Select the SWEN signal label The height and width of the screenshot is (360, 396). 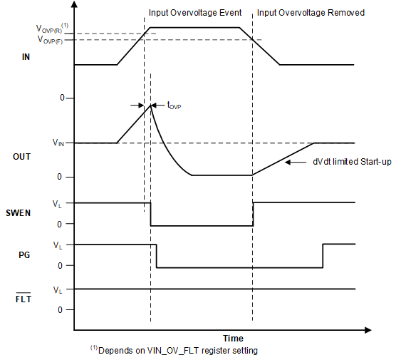[21, 213]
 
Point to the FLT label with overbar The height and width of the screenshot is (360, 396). [23, 299]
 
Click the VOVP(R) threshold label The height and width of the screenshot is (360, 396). [51, 29]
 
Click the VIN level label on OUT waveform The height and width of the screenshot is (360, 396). [58, 143]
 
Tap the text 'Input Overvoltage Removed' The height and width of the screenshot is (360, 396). [311, 13]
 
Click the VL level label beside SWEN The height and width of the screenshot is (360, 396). [58, 203]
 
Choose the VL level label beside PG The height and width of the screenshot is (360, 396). [58, 245]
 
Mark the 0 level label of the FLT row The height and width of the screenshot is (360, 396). [60, 310]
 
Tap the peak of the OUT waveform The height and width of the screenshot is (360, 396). [150, 105]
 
